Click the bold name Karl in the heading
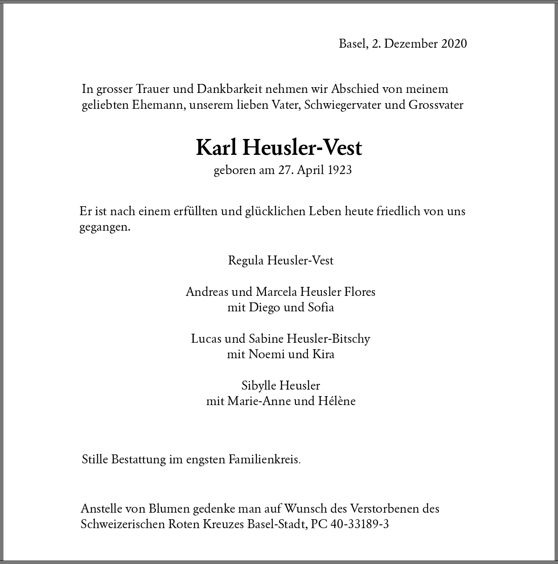[216, 148]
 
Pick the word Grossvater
[436, 105]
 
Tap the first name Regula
[246, 260]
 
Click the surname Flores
[360, 292]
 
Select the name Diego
[265, 307]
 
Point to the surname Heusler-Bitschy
[328, 339]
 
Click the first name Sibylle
[259, 386]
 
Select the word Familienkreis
[264, 460]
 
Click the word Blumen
[169, 509]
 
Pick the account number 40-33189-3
[360, 524]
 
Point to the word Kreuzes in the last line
[224, 524]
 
